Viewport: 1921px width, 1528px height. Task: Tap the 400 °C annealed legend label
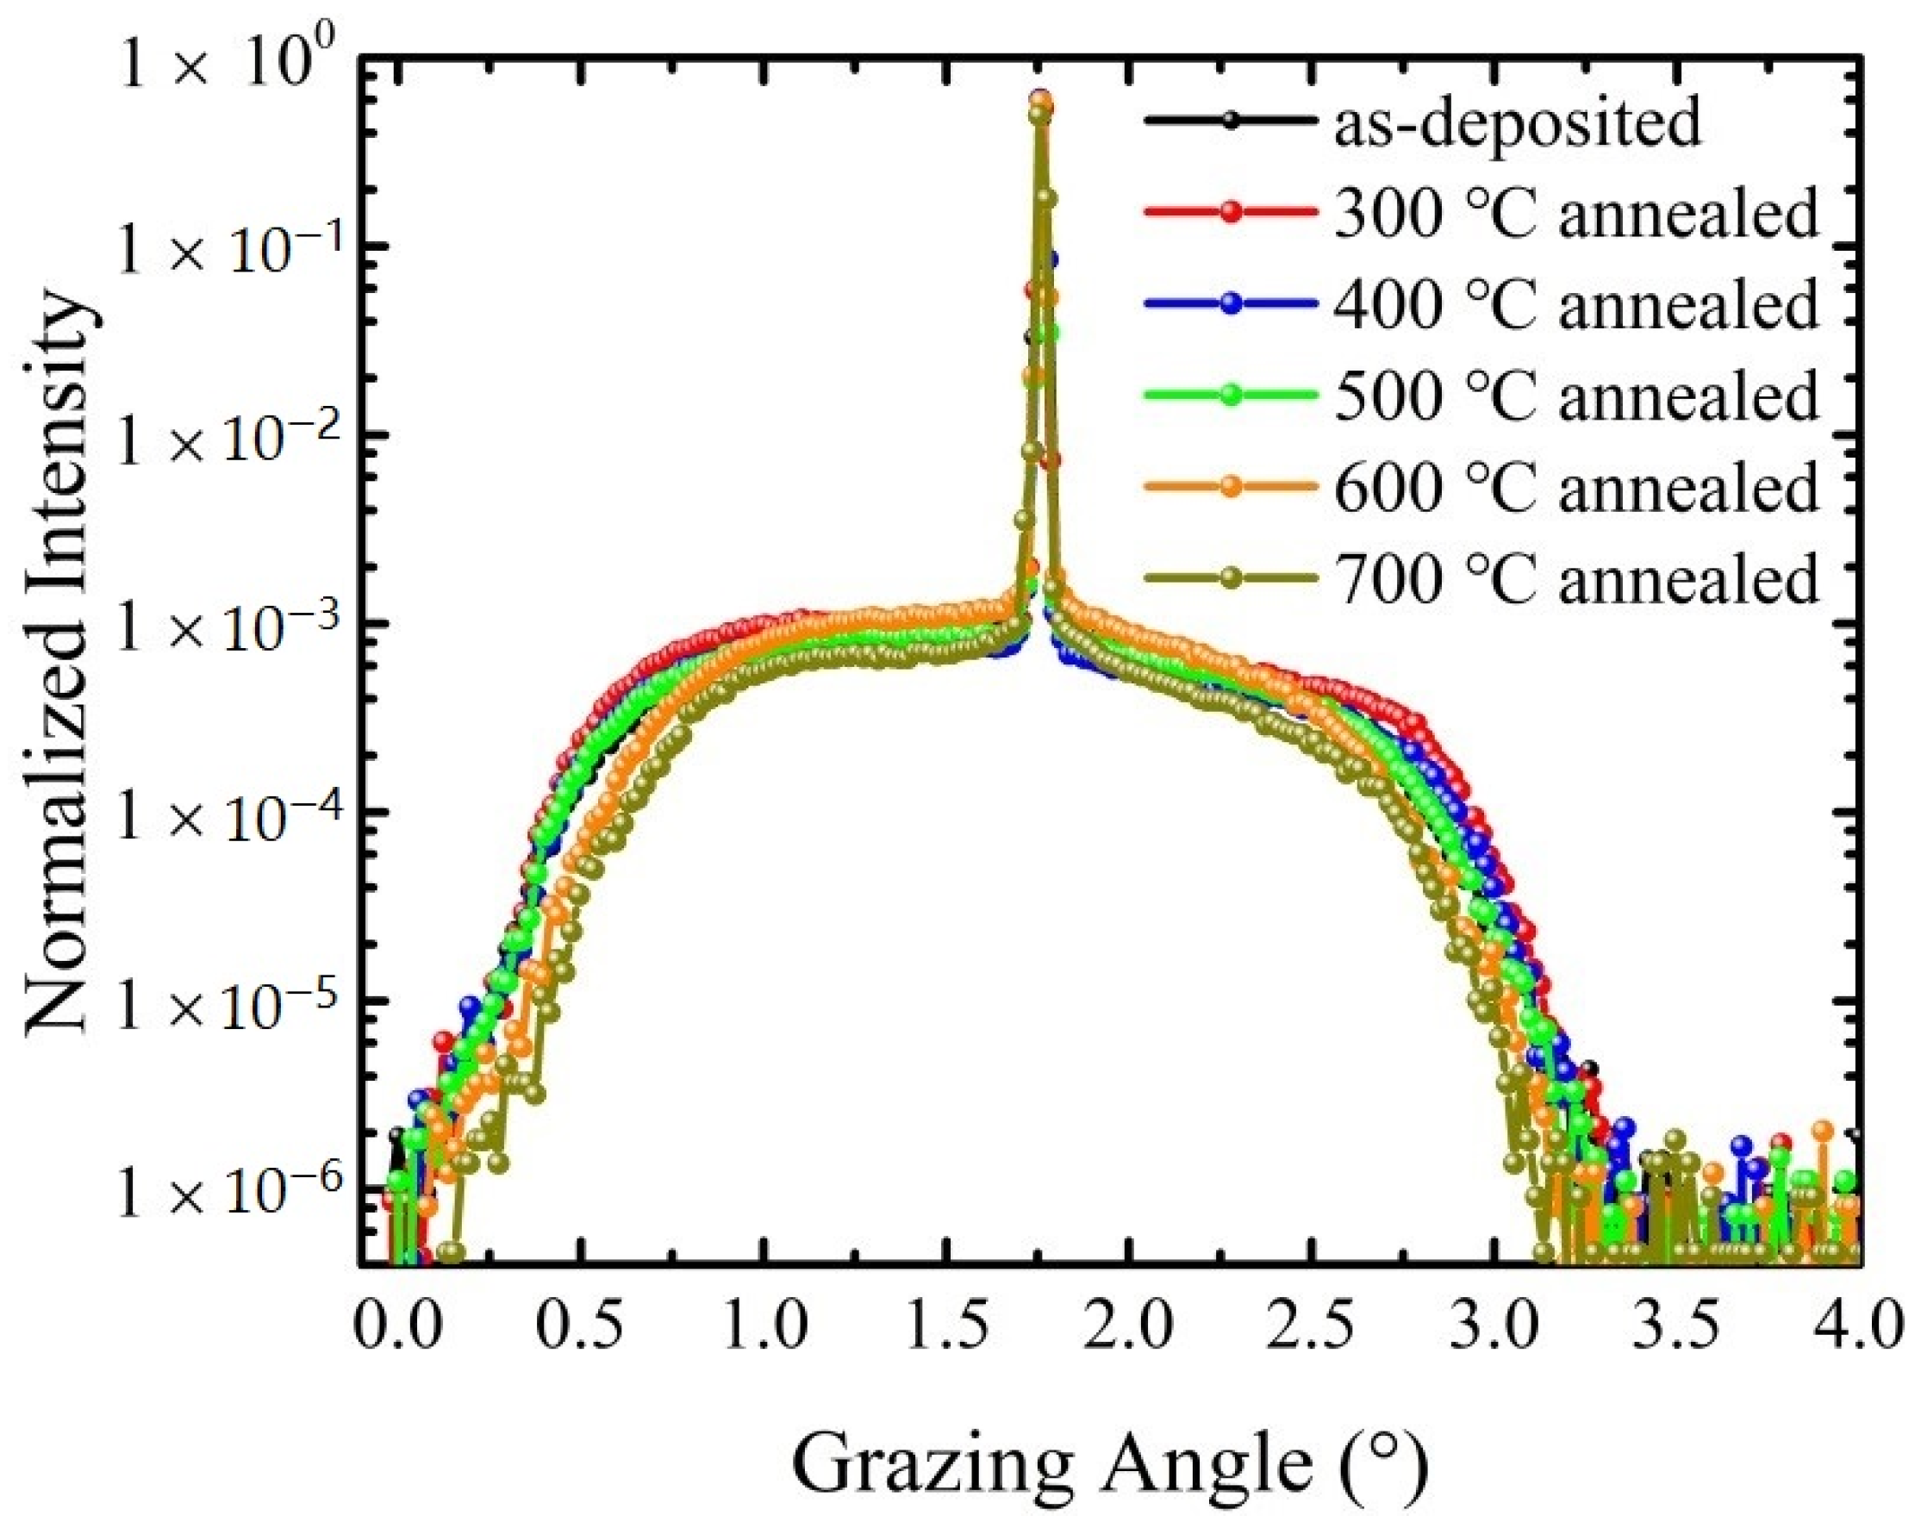tap(1575, 304)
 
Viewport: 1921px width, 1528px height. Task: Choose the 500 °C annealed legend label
tap(1575, 395)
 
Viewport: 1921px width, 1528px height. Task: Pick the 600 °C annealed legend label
tap(1575, 486)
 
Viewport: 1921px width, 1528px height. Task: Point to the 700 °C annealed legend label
tap(1575, 578)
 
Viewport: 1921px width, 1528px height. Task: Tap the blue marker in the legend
tap(1232, 304)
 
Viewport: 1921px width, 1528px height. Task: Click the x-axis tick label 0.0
tap(397, 1324)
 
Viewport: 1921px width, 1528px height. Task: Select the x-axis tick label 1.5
tap(946, 1324)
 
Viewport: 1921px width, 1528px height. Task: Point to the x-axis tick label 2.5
tap(1311, 1324)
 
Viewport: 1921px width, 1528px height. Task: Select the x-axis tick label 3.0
tap(1494, 1324)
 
